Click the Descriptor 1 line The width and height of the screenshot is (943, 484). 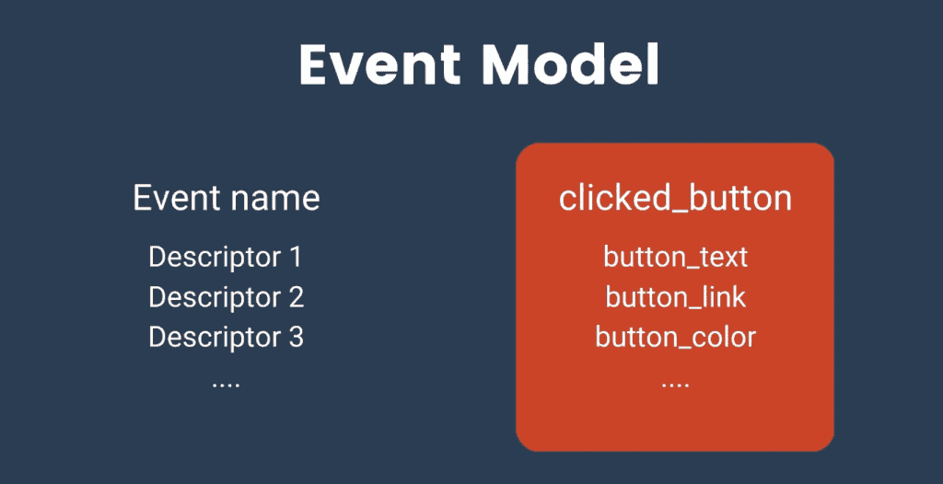(226, 257)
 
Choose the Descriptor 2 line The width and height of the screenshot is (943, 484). (226, 297)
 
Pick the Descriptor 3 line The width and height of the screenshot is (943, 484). (226, 338)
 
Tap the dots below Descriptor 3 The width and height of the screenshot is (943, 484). (226, 383)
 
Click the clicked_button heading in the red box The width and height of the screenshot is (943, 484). (675, 198)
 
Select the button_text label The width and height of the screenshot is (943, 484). (675, 257)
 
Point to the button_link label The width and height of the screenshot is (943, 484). (675, 297)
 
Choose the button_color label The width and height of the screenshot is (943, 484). (675, 338)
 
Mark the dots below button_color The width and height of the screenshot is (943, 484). (675, 383)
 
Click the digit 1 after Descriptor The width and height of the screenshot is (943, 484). (295, 257)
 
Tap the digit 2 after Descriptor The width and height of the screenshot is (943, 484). (295, 297)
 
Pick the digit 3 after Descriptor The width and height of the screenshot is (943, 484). (295, 338)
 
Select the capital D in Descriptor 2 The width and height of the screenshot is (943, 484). (157, 297)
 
